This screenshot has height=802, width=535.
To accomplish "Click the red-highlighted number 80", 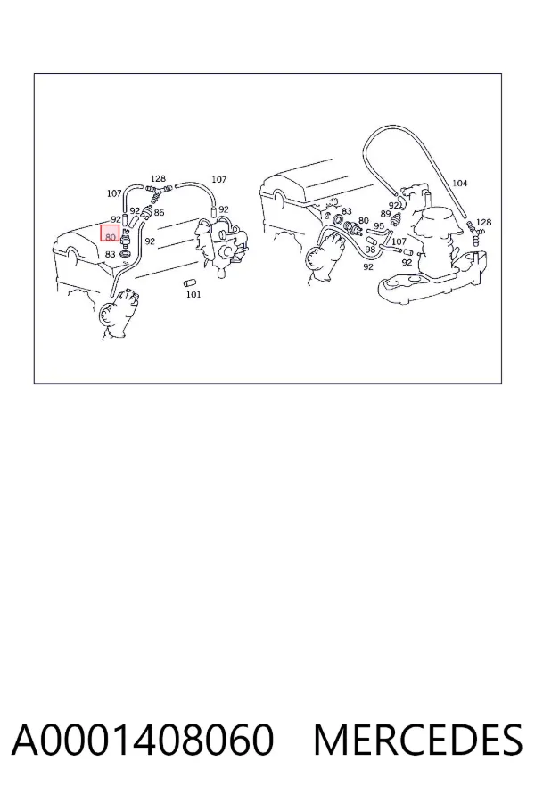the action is coord(110,237).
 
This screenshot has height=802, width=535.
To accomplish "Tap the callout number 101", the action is coord(193,294).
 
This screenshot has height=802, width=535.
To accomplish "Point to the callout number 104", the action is coord(460,183).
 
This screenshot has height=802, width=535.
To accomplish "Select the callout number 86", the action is coord(160,212).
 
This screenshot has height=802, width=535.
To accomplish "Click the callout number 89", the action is coord(385,214).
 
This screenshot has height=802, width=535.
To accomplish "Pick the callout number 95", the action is coord(379,226).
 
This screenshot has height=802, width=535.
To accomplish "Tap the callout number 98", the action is coord(370,250).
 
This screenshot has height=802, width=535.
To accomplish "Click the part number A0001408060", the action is coord(143,740).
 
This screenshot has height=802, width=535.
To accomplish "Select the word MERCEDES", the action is coord(418,740).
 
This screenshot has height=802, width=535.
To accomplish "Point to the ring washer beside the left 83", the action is coord(124,254).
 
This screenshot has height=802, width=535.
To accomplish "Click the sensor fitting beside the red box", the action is coord(125,237).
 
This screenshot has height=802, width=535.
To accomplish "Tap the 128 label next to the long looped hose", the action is coord(483,222).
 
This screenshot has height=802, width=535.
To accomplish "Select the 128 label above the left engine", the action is coord(158,178).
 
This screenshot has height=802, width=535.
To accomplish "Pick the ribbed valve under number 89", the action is coord(396,221).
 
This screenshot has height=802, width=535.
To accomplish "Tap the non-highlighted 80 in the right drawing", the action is coord(364,221).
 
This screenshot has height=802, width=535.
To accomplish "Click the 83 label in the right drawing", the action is coord(347,211).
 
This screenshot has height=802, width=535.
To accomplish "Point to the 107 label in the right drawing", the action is coord(399,241).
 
